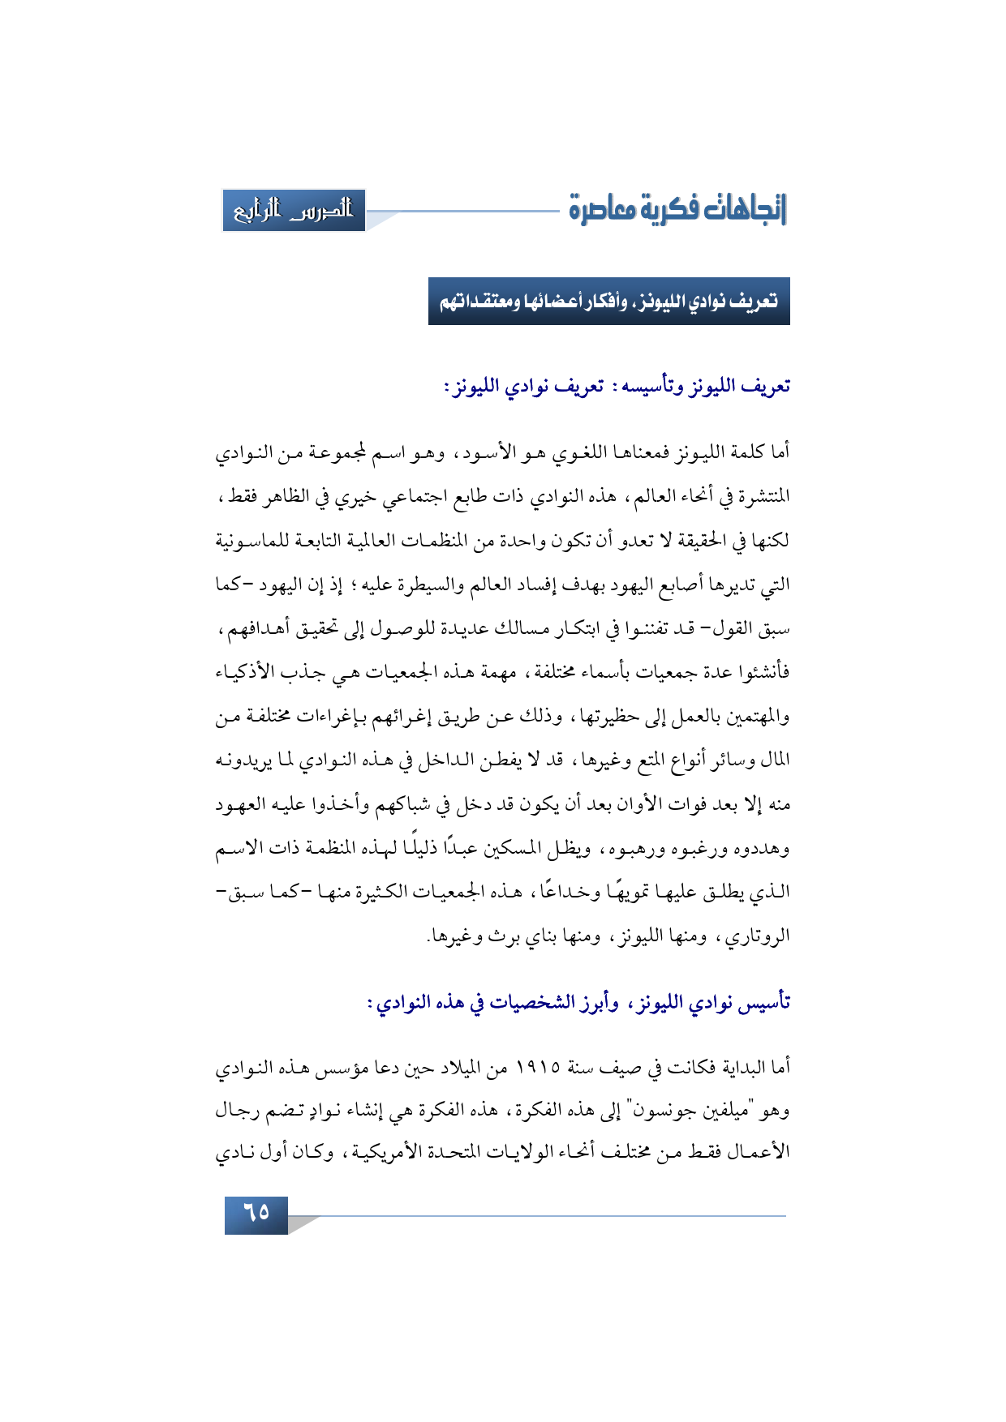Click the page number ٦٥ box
[x=256, y=1214]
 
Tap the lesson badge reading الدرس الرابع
[x=294, y=211]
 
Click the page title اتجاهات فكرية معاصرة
[x=677, y=209]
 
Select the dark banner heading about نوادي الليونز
[x=608, y=302]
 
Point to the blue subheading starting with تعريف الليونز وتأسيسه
[x=617, y=387]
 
